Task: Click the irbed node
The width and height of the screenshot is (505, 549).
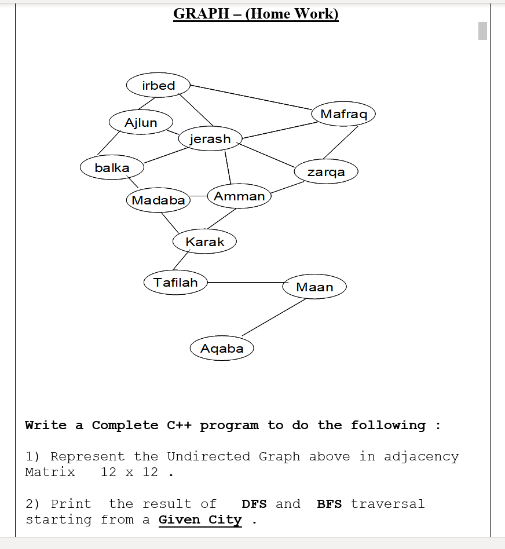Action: coord(158,86)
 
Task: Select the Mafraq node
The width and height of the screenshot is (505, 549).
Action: coord(343,114)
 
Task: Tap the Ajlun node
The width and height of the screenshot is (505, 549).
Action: coord(141,122)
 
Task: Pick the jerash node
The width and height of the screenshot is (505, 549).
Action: coord(210,139)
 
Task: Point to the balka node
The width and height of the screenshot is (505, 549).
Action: coord(112,168)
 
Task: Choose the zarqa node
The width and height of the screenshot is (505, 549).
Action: coord(326,171)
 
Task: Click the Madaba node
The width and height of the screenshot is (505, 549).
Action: coord(158,200)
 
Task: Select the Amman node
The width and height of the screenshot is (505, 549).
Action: coord(239,196)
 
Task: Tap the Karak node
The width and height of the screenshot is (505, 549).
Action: coord(204,241)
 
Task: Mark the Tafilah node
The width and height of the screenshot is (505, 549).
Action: coord(175,283)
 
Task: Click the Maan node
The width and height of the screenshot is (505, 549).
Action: coord(314,287)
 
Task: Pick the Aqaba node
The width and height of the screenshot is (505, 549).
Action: coord(222,349)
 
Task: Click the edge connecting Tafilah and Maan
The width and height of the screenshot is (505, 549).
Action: coord(245,283)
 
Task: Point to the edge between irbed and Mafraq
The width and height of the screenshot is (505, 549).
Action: coord(251,97)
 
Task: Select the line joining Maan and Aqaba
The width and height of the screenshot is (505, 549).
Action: coord(273,317)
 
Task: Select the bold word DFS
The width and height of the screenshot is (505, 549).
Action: coord(254,504)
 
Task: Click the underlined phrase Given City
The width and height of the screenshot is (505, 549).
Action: coord(200,519)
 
